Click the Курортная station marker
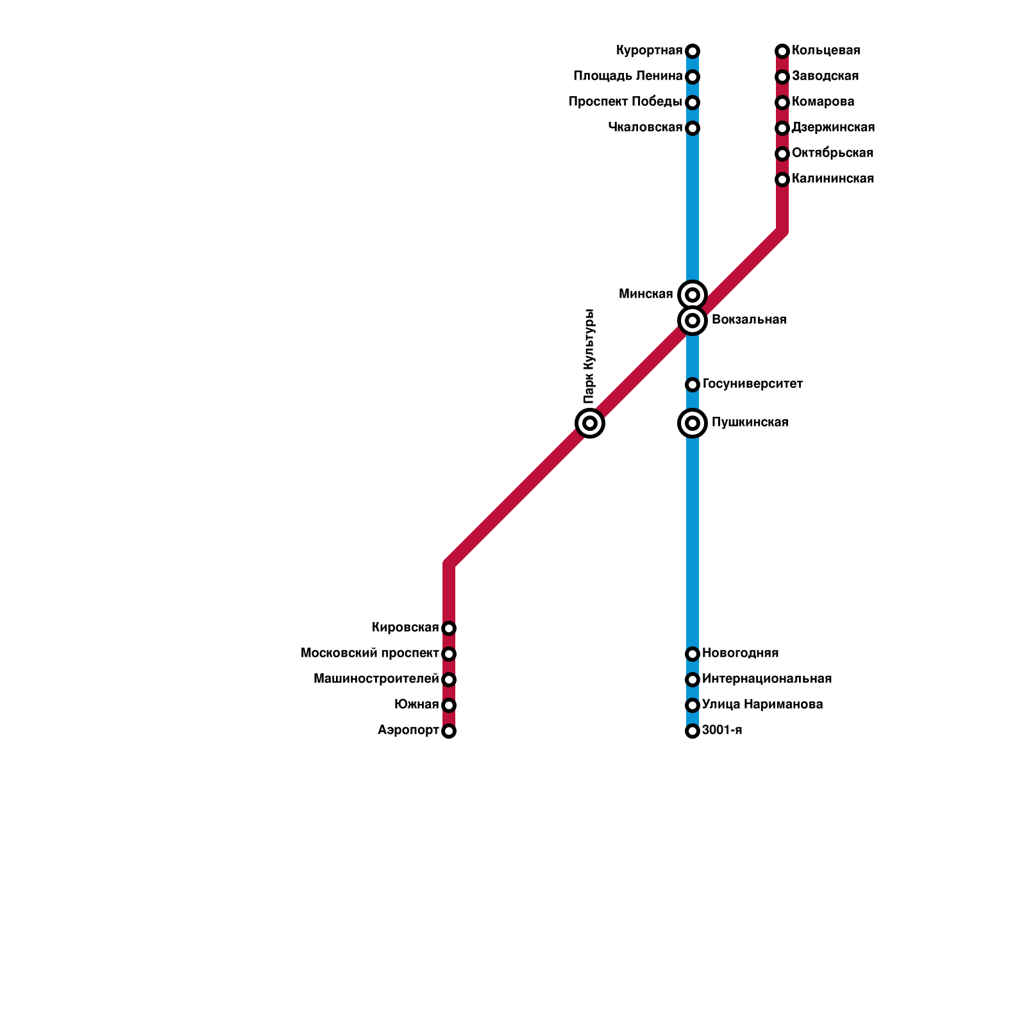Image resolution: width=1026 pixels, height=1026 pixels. pos(693,51)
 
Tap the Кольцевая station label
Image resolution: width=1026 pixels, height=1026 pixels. pos(826,51)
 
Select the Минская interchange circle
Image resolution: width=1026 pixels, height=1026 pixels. pos(693,295)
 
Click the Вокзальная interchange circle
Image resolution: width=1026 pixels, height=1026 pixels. pos(693,320)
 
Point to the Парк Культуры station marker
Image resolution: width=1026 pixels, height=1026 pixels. pos(590,423)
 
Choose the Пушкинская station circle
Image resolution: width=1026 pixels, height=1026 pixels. pos(693,423)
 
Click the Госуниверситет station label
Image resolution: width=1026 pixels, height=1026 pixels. pos(753,384)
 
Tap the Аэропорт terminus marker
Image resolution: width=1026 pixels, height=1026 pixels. pos(449,731)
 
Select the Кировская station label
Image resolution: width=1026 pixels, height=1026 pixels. pos(405,628)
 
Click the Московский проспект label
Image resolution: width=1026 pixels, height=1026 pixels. pos(370,653)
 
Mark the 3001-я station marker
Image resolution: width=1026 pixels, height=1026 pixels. pos(693,731)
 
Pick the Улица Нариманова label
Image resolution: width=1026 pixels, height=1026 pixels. pos(762,705)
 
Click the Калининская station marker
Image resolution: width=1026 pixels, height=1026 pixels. pos(782,180)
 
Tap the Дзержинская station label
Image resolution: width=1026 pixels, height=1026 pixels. pos(833,128)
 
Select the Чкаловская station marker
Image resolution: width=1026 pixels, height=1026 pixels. pos(693,128)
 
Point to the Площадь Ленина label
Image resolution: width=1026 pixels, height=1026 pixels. pos(628,76)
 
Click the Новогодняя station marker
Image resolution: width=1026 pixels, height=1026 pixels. pos(693,654)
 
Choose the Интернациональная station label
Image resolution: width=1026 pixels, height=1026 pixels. pos(767,679)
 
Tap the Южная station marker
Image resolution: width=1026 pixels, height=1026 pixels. pos(449,705)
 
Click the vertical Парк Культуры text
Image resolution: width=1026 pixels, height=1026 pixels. pos(590,357)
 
